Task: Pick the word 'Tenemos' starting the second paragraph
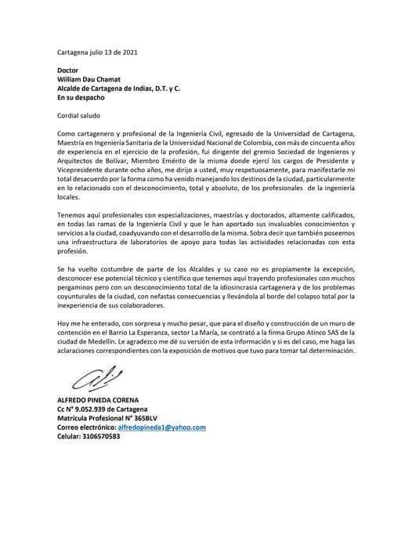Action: click(73, 193)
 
